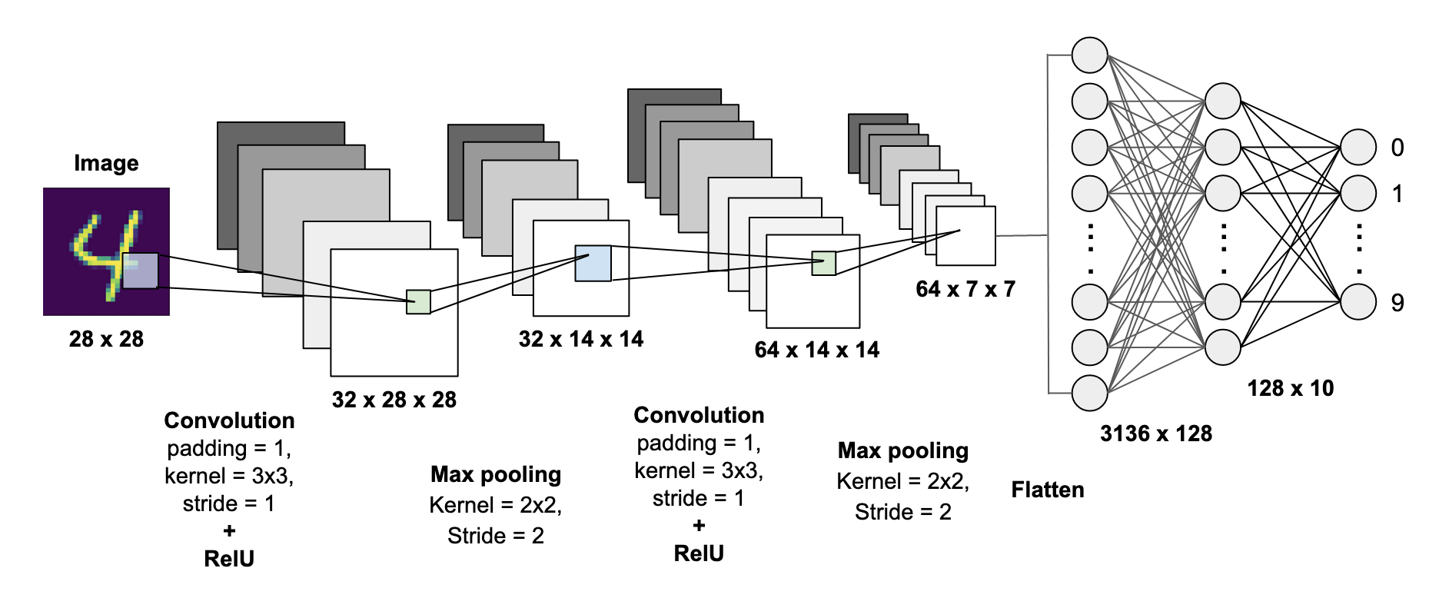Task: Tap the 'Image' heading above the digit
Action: (x=106, y=163)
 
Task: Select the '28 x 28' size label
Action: (x=106, y=339)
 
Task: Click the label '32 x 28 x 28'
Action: (x=394, y=400)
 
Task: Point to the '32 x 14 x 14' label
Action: (x=580, y=339)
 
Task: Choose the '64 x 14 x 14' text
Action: (x=816, y=350)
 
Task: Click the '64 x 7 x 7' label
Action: (x=965, y=289)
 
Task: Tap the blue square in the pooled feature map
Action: (x=593, y=263)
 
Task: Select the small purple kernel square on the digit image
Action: (x=140, y=271)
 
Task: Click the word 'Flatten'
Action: (x=1047, y=490)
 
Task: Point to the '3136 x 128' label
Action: (x=1155, y=434)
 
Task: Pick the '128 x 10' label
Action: (x=1290, y=388)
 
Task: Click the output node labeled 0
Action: (x=1358, y=147)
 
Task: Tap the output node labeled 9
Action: (x=1358, y=302)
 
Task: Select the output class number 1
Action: (x=1397, y=194)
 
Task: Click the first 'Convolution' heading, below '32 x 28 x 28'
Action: (x=229, y=420)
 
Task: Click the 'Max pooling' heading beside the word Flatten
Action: (x=902, y=450)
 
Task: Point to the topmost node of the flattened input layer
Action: (x=1089, y=55)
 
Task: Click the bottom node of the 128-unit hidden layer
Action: (x=1222, y=347)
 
